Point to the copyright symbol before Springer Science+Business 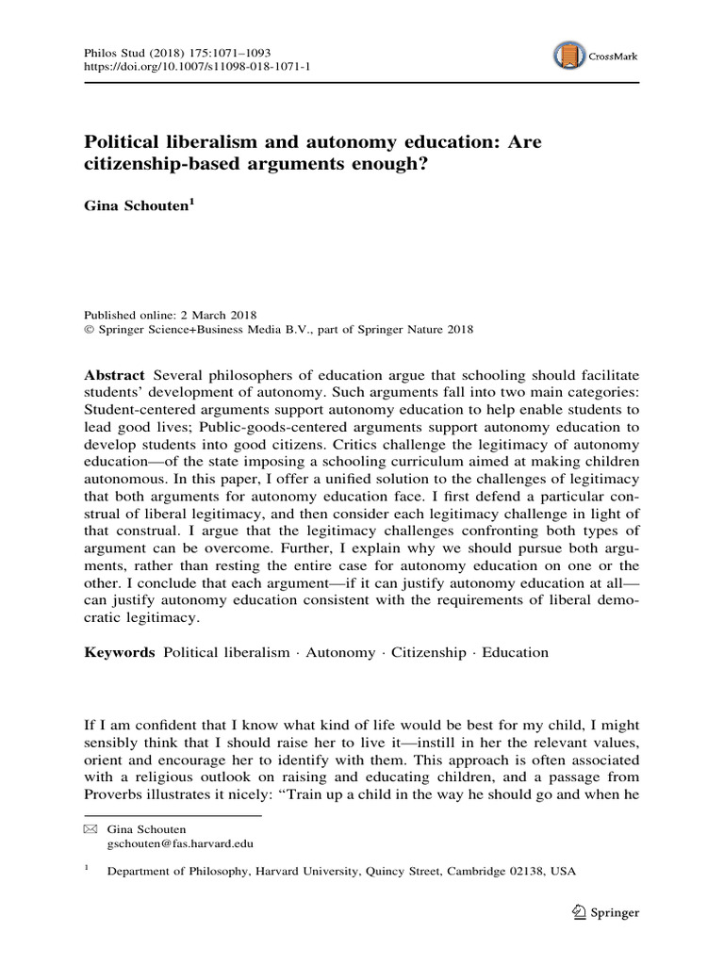[x=90, y=330]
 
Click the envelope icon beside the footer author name [x=90, y=829]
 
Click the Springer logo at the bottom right [x=606, y=912]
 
